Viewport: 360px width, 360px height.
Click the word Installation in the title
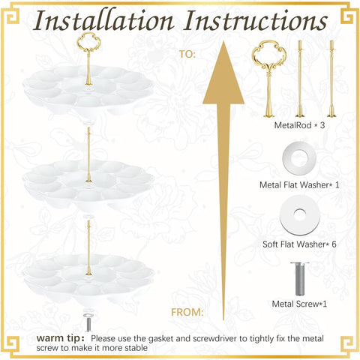tap(103, 20)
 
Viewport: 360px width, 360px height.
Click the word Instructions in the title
tap(256, 20)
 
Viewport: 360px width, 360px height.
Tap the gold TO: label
tap(187, 54)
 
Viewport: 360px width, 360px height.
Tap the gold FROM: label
tap(187, 312)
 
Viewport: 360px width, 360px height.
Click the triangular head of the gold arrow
tap(223, 75)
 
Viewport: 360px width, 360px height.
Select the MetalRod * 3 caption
tap(299, 125)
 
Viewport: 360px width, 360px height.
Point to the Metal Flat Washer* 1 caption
tap(299, 185)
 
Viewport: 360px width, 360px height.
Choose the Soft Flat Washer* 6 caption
tap(299, 244)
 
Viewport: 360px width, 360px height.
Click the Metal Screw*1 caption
tap(299, 304)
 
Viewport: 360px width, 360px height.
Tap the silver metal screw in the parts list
tap(299, 279)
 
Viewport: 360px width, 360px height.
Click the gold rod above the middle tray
tap(88, 154)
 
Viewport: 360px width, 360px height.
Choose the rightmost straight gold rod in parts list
tap(331, 79)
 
